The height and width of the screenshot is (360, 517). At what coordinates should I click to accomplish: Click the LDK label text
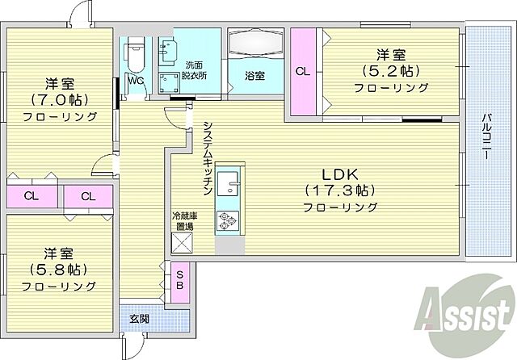(x=340, y=175)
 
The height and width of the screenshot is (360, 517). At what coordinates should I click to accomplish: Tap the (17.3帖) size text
(x=340, y=191)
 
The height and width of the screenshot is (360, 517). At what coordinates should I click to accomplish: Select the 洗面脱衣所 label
(x=193, y=69)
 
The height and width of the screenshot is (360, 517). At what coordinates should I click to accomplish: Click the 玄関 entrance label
(x=139, y=319)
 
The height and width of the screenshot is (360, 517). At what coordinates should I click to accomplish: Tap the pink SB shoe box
(x=179, y=280)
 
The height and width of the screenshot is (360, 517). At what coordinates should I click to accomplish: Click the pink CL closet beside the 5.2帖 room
(x=302, y=70)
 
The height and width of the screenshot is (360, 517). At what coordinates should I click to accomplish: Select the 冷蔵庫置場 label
(x=183, y=221)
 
